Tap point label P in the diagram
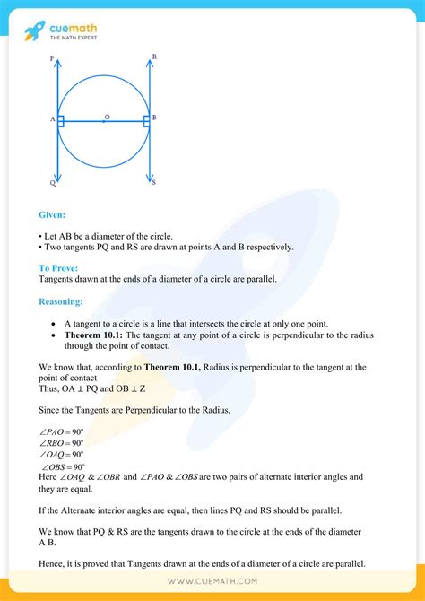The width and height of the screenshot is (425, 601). coord(52,57)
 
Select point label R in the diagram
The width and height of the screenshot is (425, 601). coord(154,57)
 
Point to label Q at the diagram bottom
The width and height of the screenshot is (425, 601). coord(52,183)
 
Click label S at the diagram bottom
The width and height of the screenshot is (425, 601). coord(154,183)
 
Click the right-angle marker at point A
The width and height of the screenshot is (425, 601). coord(61,120)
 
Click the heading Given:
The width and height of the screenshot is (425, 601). coord(52,215)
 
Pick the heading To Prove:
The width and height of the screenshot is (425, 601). coord(58,268)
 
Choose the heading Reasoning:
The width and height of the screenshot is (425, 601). coord(61,302)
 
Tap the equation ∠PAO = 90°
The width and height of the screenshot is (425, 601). coord(62,431)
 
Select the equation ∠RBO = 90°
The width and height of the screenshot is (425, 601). coord(62,442)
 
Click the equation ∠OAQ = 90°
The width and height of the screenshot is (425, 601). coord(62,455)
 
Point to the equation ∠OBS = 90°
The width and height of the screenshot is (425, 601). coord(62,466)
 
